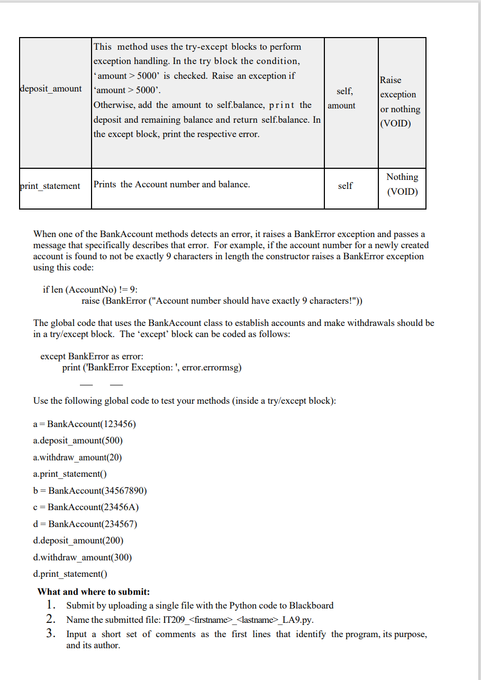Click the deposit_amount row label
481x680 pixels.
[51, 89]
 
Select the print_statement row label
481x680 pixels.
[50, 186]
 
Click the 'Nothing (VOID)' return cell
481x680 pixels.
[402, 184]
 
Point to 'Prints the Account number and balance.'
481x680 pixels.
[171, 184]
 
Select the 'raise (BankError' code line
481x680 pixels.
[223, 301]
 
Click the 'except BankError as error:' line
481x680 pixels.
[92, 356]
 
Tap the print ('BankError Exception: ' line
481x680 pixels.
[152, 367]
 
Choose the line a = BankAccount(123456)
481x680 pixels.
[85, 424]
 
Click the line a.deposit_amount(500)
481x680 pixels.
[78, 440]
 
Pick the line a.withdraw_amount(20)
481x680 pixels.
[77, 457]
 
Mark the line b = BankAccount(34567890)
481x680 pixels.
[89, 491]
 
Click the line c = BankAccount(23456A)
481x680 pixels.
[86, 507]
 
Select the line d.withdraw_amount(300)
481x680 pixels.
[83, 557]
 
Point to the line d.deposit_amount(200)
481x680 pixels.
[78, 540]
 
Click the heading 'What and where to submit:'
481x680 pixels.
[94, 592]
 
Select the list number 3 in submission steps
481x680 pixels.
[51, 633]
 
